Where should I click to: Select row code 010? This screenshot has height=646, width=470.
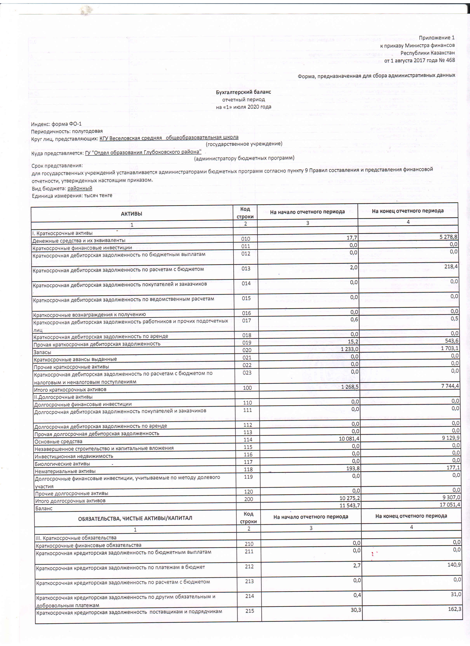tap(245, 239)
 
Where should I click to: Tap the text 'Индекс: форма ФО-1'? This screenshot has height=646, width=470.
tap(56, 124)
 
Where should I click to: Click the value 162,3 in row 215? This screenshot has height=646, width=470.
tap(454, 609)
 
